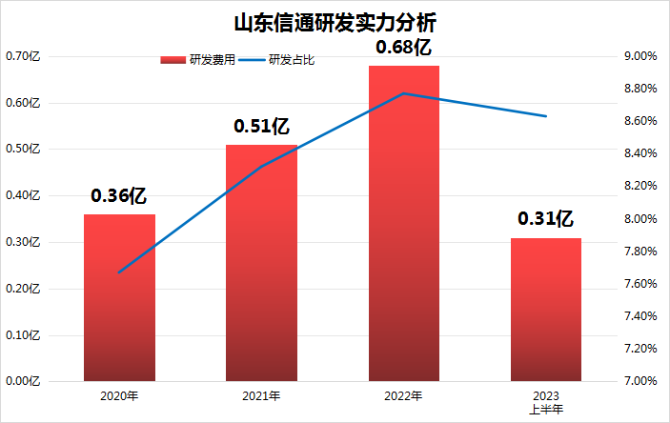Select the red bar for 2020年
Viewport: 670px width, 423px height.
(x=119, y=297)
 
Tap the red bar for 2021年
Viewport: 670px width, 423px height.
(x=261, y=262)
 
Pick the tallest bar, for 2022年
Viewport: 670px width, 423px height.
(x=404, y=223)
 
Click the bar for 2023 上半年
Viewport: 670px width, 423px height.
(x=546, y=309)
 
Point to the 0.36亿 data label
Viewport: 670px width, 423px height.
(x=119, y=196)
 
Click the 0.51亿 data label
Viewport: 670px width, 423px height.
(x=261, y=126)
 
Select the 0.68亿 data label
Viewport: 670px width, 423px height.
(x=404, y=47)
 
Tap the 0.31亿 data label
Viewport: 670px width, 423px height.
(x=546, y=219)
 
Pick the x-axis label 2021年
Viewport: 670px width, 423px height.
(x=261, y=395)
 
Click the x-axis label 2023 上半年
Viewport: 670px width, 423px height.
(x=546, y=401)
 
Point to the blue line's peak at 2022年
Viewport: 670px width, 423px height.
(x=404, y=93)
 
